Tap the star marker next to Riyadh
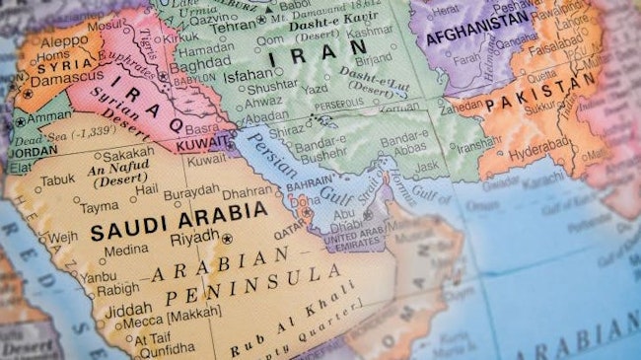[228, 239]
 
